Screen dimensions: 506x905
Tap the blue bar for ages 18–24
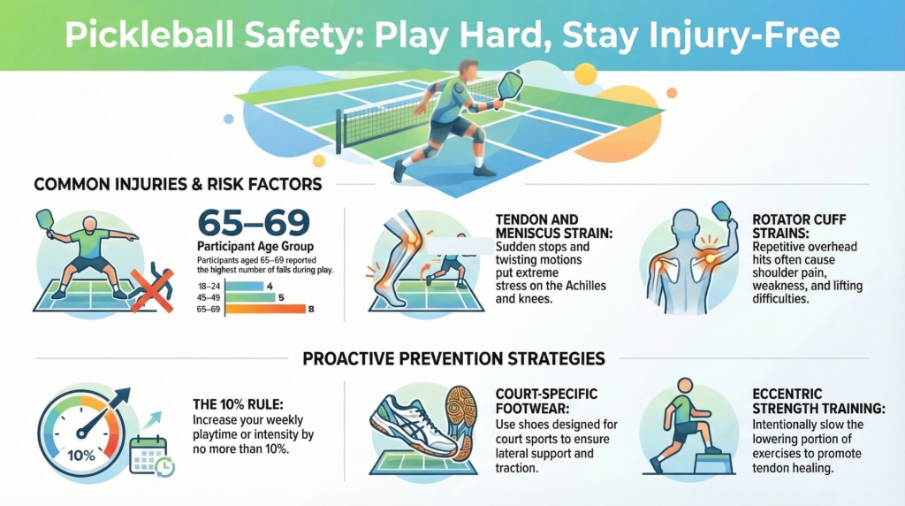tap(245, 286)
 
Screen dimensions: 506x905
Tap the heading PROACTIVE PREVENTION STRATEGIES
tap(453, 359)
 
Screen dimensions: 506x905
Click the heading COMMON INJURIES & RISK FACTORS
tap(178, 185)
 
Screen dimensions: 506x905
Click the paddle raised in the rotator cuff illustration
tap(721, 213)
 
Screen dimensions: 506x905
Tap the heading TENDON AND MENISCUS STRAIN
tap(541, 226)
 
